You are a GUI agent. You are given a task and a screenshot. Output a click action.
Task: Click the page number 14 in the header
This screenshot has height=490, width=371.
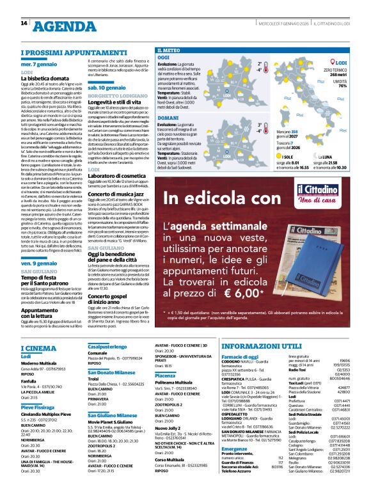pos(24,24)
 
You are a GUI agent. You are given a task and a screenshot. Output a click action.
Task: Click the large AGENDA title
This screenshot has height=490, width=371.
pos(63,26)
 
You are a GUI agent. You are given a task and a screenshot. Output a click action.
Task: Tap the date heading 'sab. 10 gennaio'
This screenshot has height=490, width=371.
pos(106,87)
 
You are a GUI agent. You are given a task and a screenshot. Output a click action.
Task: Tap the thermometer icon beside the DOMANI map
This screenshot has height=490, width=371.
pos(267,130)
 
